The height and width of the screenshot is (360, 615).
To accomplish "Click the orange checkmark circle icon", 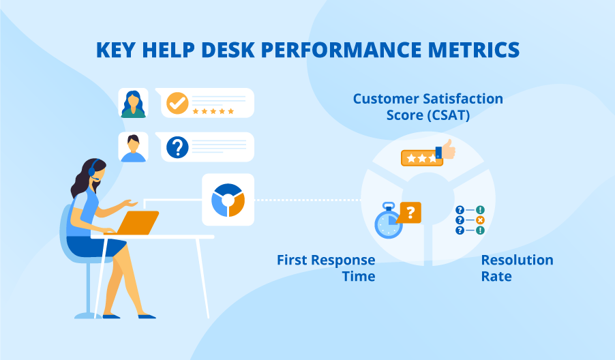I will pos(177,103).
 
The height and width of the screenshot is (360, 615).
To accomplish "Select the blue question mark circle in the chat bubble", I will pos(177,147).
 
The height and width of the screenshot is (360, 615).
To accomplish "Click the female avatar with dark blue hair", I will pos(134,103).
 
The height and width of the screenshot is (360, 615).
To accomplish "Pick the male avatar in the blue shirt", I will pos(134,147).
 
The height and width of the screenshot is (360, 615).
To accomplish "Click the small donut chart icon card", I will pos(228,199).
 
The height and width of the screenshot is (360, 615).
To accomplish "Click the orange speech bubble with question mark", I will pos(409,213).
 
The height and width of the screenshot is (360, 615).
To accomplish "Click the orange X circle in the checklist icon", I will pos(480,220).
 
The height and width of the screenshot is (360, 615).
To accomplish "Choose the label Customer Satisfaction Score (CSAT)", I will pos(427,107).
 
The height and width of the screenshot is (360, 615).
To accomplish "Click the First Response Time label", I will pos(326,268).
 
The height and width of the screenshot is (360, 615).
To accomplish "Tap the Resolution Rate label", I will pos(517,268).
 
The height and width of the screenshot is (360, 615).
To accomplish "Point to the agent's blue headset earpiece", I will pos(93,168).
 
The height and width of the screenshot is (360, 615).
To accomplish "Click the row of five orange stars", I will pos(213,110).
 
